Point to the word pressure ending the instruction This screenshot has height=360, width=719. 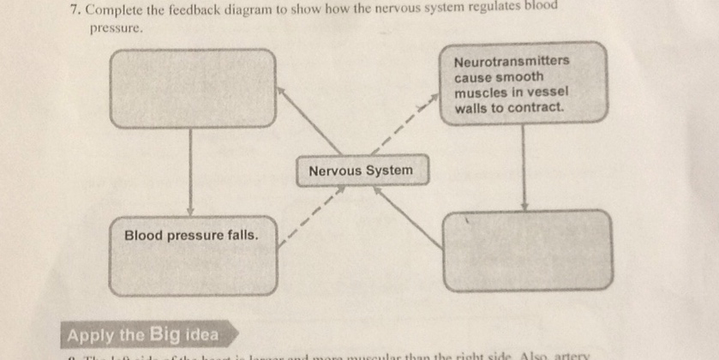point(113,28)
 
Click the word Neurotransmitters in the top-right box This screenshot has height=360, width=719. point(512,63)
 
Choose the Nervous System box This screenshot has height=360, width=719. point(360,170)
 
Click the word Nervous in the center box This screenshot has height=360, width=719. point(335,170)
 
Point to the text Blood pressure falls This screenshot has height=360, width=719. point(190,234)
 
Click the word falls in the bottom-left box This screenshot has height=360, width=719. point(239,234)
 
